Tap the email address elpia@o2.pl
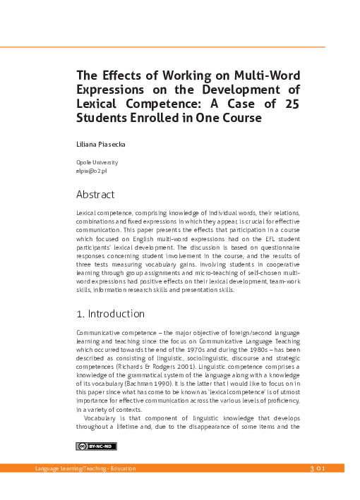[91, 171]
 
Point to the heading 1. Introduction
[110, 314]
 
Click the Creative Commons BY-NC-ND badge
[97, 446]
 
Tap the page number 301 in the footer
[317, 469]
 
